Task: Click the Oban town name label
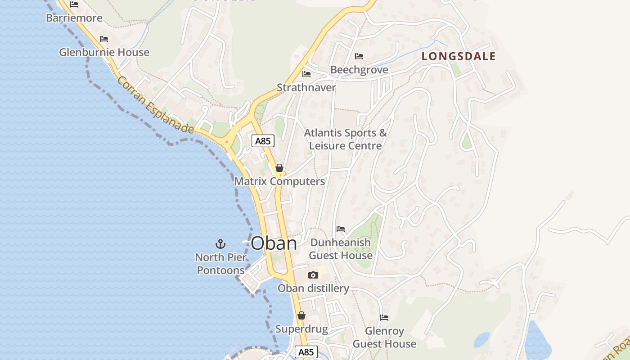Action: point(274,243)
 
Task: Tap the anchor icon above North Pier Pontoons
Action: point(220,244)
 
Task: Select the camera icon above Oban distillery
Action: point(313,275)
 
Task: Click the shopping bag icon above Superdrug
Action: point(301,316)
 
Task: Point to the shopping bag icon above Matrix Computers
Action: point(279,168)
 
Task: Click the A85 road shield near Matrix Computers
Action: point(263,141)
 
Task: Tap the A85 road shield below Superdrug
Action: point(306,352)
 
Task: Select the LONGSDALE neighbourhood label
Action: point(459,56)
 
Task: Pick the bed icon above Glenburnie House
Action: point(104,39)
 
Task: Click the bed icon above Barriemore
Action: point(74,4)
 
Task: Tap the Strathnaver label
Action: point(306,87)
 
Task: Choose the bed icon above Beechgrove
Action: point(359,56)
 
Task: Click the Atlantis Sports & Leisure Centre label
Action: point(345,139)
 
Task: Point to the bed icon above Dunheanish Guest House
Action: point(341,229)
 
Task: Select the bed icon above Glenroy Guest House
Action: point(384,318)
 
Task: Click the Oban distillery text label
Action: point(313,288)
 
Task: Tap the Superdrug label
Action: point(301,329)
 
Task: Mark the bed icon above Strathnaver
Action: point(306,74)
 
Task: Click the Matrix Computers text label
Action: point(279,181)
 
